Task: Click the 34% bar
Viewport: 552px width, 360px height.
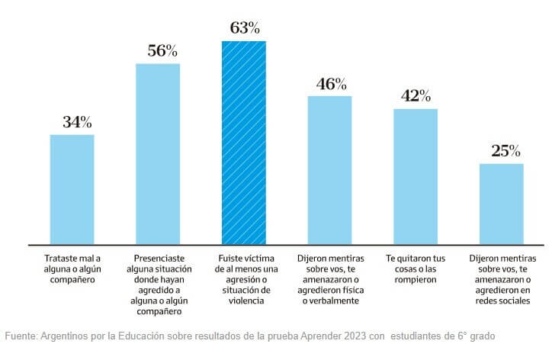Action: point(72,189)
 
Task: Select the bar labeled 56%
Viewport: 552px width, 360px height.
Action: point(158,153)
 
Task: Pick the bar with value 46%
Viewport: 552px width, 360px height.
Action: point(329,170)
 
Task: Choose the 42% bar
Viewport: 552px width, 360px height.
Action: point(416,176)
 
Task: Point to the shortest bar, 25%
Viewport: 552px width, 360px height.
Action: point(501,204)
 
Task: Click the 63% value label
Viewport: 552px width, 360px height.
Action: point(245,29)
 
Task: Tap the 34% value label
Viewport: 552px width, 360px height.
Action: point(77,122)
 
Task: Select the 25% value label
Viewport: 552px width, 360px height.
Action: point(505,151)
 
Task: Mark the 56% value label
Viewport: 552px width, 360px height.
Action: point(162,51)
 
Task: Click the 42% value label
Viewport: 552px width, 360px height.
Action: point(416,96)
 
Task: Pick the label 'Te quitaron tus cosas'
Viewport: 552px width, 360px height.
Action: point(416,269)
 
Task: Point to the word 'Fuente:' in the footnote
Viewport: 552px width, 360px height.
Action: point(21,336)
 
